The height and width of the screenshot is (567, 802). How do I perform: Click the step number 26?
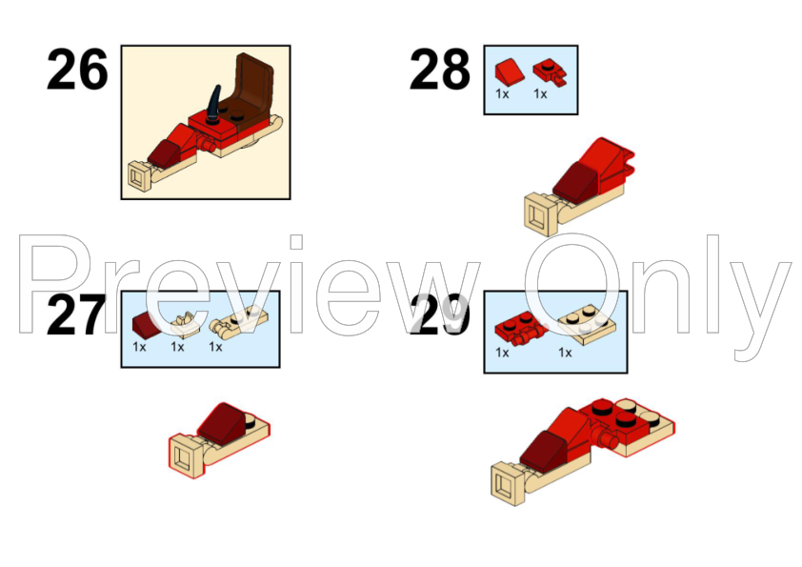click(77, 69)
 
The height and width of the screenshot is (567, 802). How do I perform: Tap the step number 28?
click(440, 69)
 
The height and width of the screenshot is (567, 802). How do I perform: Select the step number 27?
click(76, 315)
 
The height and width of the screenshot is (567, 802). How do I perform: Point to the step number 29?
click(440, 315)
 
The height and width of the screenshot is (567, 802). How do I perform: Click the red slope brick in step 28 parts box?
click(510, 71)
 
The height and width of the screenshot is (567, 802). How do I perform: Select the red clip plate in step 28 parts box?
click(550, 72)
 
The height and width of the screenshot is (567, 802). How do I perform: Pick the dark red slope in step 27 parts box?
click(147, 323)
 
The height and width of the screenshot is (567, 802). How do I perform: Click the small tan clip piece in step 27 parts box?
click(182, 320)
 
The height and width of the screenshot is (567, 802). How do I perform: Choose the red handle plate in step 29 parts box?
click(520, 330)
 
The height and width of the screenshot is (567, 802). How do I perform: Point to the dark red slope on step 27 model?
click(223, 423)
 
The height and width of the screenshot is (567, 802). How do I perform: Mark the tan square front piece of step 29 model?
click(508, 484)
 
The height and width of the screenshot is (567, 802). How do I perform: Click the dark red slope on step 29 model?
click(544, 452)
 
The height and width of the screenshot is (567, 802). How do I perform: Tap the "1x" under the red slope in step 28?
click(502, 94)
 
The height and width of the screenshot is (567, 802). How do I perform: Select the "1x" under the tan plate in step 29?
click(565, 353)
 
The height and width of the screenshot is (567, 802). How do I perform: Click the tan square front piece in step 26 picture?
click(139, 176)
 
